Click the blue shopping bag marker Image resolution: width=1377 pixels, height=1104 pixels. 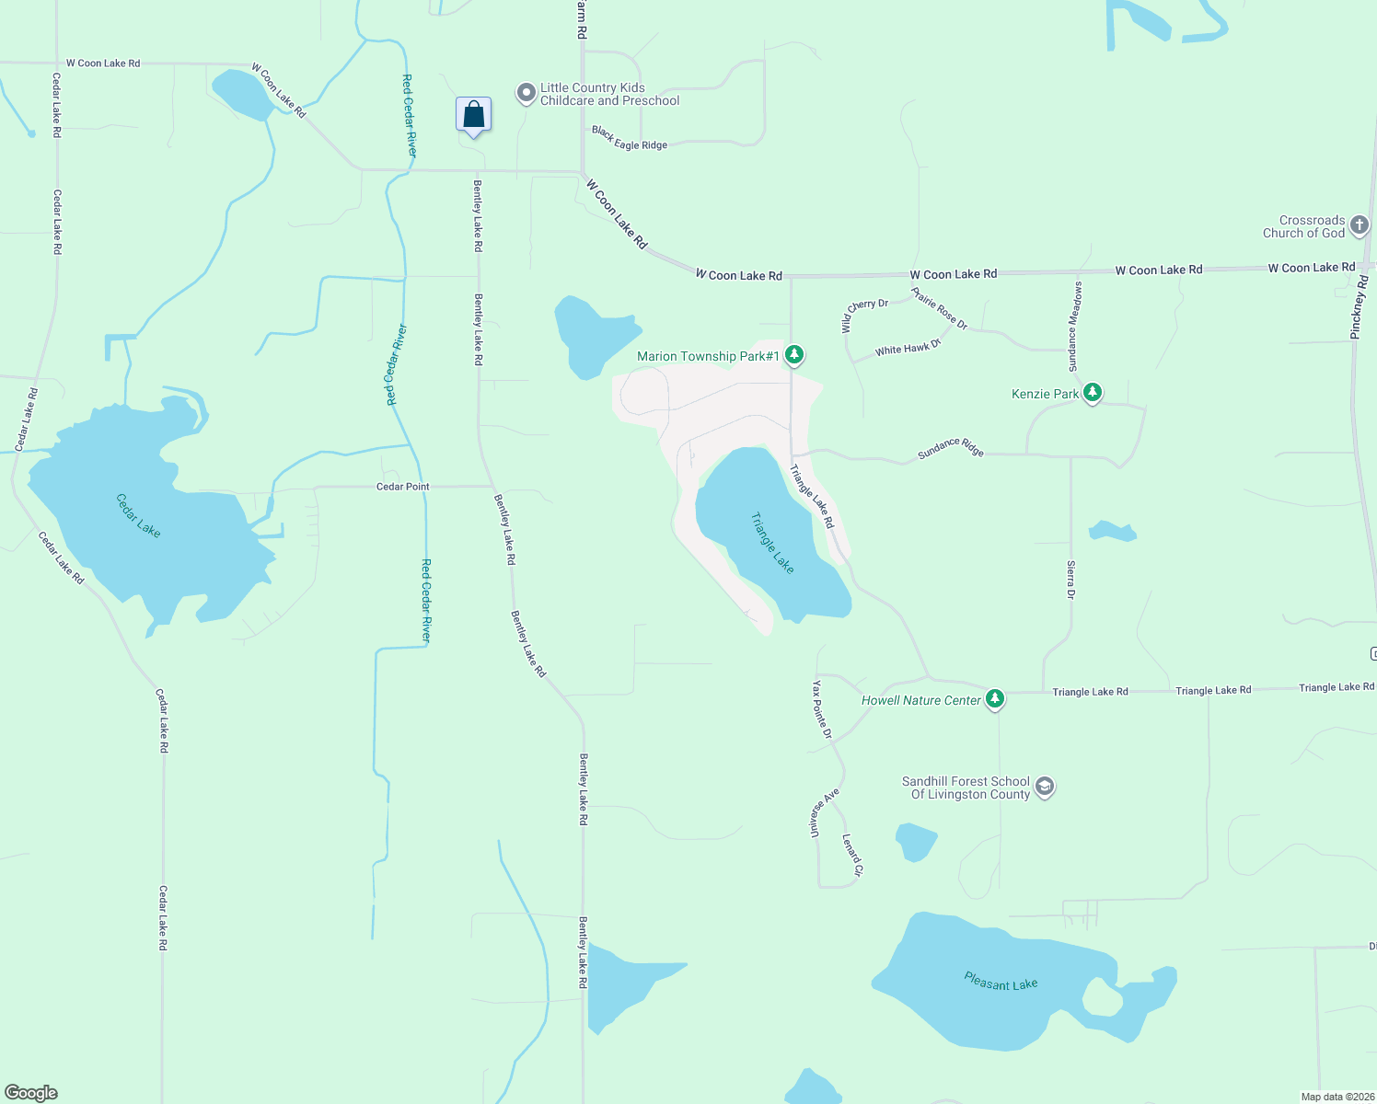click(x=473, y=115)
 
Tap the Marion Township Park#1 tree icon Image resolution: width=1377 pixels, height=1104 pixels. click(x=794, y=355)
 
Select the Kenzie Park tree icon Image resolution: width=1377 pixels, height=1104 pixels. click(x=1092, y=393)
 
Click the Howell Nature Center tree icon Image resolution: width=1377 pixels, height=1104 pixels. click(x=994, y=699)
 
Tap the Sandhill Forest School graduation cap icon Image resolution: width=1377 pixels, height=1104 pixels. click(x=1044, y=788)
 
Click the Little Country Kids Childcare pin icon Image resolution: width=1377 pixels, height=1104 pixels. click(x=526, y=93)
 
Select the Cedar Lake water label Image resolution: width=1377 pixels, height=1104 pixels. click(x=138, y=515)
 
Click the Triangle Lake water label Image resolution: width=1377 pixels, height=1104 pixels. click(x=772, y=543)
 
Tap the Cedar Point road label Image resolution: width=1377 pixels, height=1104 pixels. click(x=403, y=487)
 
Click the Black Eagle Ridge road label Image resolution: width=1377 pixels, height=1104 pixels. click(x=630, y=139)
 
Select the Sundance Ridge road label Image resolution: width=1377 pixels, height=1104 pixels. click(x=951, y=448)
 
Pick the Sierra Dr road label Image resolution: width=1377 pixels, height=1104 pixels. click(x=1070, y=580)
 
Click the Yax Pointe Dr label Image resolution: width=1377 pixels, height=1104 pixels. click(x=822, y=710)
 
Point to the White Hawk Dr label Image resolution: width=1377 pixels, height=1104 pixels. click(x=908, y=348)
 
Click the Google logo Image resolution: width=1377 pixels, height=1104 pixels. click(x=31, y=1092)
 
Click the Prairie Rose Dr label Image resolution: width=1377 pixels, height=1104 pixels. click(x=939, y=308)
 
